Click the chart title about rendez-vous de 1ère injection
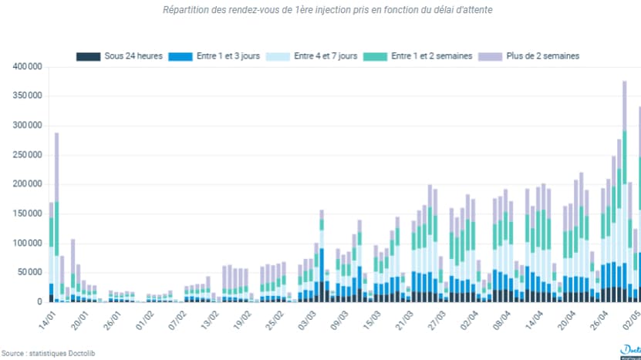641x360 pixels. (328, 10)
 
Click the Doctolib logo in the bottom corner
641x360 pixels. (630, 351)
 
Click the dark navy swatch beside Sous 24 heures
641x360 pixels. (88, 56)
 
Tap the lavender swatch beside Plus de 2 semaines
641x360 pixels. (491, 56)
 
